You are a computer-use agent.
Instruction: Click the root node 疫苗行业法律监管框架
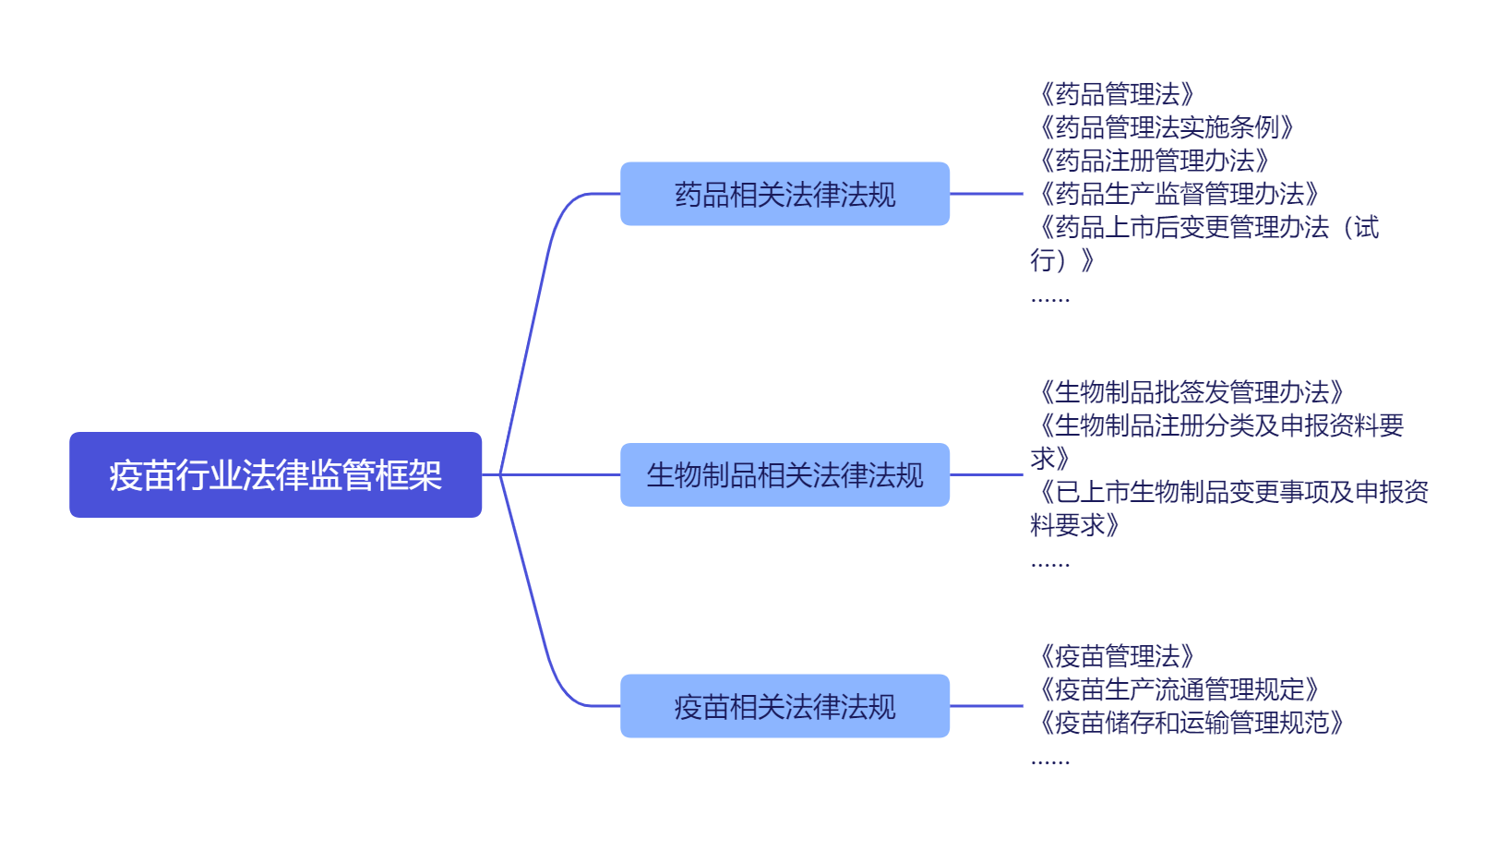tap(275, 474)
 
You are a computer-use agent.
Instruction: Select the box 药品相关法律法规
tap(784, 194)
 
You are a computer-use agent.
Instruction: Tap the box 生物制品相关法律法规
tap(784, 474)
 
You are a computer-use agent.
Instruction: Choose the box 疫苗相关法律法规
tap(784, 706)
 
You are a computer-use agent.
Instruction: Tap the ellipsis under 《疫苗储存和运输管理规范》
tap(1050, 762)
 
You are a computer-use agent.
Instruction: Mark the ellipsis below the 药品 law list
tap(1050, 300)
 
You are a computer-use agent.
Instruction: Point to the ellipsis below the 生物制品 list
tap(1050, 564)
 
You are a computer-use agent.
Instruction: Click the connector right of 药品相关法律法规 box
tap(986, 194)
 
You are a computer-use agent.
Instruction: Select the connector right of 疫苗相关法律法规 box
tap(986, 706)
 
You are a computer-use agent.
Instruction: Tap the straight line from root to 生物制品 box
tap(559, 474)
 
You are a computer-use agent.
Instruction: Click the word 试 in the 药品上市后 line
tap(1366, 227)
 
